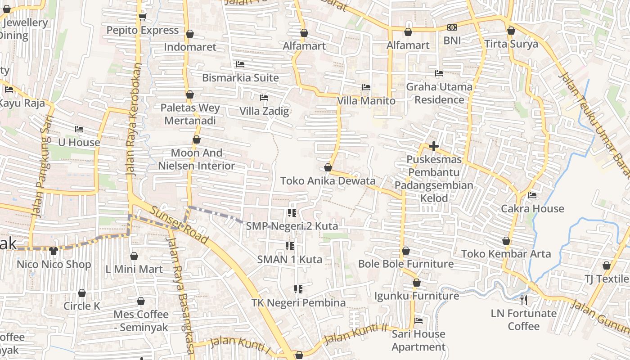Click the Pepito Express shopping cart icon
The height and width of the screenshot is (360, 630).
click(143, 17)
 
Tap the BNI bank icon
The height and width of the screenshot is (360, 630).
click(452, 28)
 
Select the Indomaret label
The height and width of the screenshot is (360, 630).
click(190, 47)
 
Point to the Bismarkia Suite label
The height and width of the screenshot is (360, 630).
click(240, 77)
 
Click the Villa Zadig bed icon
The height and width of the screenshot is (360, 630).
click(264, 98)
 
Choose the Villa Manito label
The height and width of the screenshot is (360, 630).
click(366, 101)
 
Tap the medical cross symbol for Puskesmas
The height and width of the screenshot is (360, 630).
click(434, 146)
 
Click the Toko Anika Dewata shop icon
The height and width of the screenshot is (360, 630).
click(328, 168)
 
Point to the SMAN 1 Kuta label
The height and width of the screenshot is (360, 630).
click(290, 259)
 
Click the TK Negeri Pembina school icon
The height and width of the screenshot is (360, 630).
click(298, 289)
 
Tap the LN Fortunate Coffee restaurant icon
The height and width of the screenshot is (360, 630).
click(523, 300)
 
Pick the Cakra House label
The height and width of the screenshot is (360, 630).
click(532, 208)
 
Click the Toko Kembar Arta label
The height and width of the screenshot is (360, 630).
click(506, 254)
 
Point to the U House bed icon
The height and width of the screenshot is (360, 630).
click(79, 130)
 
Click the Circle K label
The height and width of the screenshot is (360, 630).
click(82, 306)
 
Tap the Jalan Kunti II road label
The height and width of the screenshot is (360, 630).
click(356, 333)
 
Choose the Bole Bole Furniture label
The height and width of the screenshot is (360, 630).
click(406, 264)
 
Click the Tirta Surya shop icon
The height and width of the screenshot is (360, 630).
click(511, 31)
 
